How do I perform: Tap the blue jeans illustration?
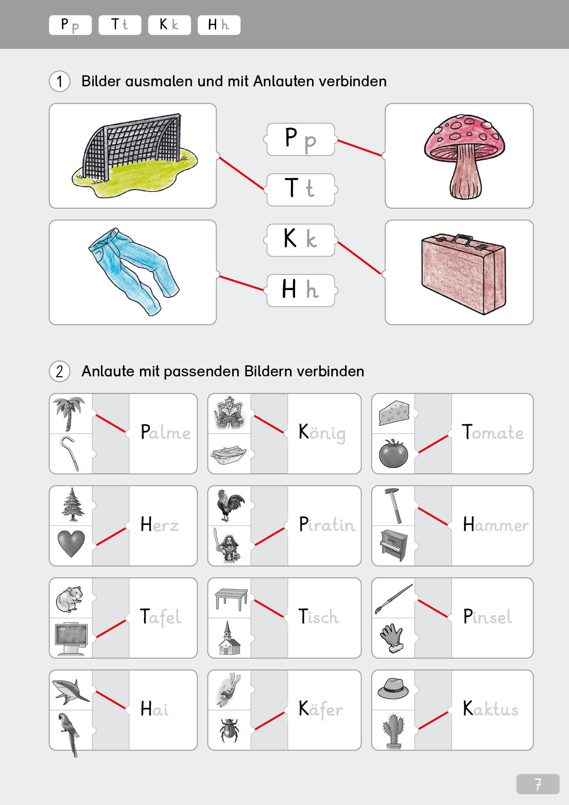[133, 271]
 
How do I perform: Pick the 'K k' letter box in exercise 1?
[301, 240]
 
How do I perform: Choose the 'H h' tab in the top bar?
[218, 25]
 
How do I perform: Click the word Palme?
[165, 433]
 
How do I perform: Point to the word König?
[322, 433]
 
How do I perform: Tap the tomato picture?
[393, 453]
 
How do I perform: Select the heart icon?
[71, 543]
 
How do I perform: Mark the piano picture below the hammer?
[393, 545]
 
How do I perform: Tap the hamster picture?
[69, 598]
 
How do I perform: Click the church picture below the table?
[229, 638]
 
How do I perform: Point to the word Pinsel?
[487, 617]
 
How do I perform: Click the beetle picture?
[229, 729]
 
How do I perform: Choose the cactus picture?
[393, 731]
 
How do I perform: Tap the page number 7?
[537, 783]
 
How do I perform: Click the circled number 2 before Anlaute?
[60, 371]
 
